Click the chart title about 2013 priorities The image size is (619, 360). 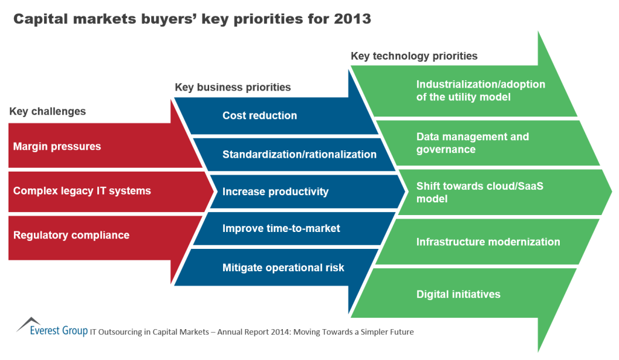point(192,19)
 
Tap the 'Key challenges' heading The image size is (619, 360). point(47,112)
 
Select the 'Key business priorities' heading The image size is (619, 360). point(233,87)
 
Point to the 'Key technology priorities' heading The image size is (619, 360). point(414,56)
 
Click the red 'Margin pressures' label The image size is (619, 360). point(57,146)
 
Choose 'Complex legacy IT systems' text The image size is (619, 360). point(82,191)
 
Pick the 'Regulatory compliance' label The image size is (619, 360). point(71,235)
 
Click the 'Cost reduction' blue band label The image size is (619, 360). point(260,115)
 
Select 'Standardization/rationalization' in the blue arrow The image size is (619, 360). point(299,154)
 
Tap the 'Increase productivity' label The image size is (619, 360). point(276,191)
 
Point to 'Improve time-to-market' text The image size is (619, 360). point(281,228)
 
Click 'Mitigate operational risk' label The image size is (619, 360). point(284,268)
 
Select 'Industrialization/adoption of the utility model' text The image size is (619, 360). point(481,91)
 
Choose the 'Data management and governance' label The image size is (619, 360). point(473,143)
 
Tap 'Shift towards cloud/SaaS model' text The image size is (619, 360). point(479,193)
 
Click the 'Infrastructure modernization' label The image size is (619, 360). point(488,242)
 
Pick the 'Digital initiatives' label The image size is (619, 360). point(458,294)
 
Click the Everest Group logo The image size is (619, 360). point(52,327)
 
